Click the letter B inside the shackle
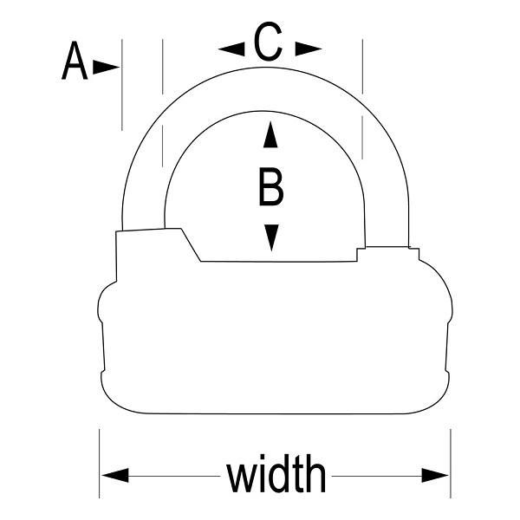tap(271, 187)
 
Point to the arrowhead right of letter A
tap(106, 66)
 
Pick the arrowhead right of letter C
tap(308, 49)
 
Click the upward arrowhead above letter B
tap(271, 135)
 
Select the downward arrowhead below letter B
tap(271, 236)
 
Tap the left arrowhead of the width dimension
tap(115, 475)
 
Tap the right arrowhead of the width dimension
tap(436, 475)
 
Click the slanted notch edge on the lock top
tap(190, 244)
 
